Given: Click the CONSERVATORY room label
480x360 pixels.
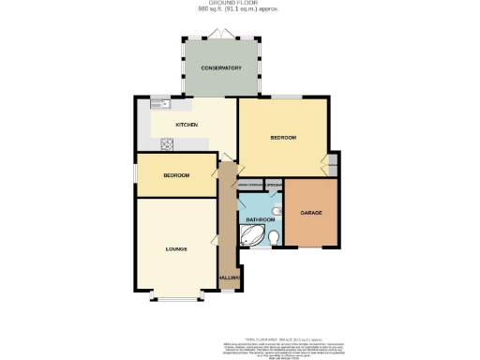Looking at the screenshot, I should (x=220, y=68).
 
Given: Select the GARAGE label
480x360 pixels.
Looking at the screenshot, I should (x=311, y=213).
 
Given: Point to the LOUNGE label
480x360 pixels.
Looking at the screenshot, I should (x=176, y=249).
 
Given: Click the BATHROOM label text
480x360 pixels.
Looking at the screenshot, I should (x=260, y=219).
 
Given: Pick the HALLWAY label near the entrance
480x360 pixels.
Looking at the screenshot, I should (x=230, y=278).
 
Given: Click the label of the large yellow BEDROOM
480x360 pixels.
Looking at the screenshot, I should (x=283, y=138).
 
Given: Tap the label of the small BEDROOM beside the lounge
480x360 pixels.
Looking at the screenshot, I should (x=175, y=175).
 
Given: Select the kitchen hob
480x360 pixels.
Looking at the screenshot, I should (x=168, y=143).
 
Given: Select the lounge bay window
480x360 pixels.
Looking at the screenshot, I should (x=176, y=300).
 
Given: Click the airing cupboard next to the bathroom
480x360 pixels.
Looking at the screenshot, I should (x=249, y=185).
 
